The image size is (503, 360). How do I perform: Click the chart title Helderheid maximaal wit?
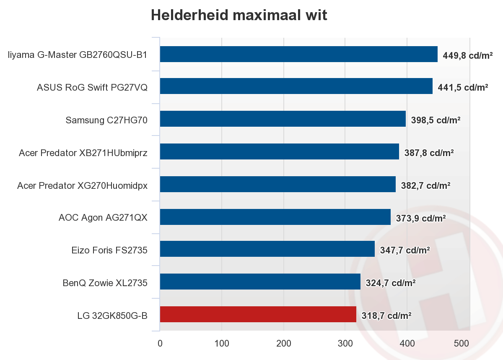[239, 15]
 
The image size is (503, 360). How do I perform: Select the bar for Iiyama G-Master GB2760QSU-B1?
[298, 54]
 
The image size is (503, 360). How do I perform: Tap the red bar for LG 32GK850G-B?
[258, 314]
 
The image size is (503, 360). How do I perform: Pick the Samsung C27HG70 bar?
[283, 119]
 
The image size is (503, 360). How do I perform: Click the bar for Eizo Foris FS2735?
[267, 249]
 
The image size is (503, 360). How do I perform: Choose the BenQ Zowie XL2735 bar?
[260, 282]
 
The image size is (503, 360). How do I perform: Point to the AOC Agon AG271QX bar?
[275, 217]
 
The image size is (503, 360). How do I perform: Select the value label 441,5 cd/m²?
[462, 88]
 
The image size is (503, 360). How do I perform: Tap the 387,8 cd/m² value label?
[429, 153]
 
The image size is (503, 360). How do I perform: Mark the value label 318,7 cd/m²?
[386, 315]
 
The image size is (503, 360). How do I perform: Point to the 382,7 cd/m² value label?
[425, 185]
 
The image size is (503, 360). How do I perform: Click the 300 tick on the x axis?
[345, 344]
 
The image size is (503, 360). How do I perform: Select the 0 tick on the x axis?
[160, 344]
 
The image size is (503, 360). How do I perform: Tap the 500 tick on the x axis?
[462, 344]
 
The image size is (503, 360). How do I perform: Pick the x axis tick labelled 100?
[221, 344]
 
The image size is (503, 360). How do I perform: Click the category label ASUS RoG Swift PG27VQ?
[92, 88]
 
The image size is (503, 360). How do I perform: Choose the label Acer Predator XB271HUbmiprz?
[83, 153]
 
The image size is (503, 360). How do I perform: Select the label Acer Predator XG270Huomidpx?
[82, 185]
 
